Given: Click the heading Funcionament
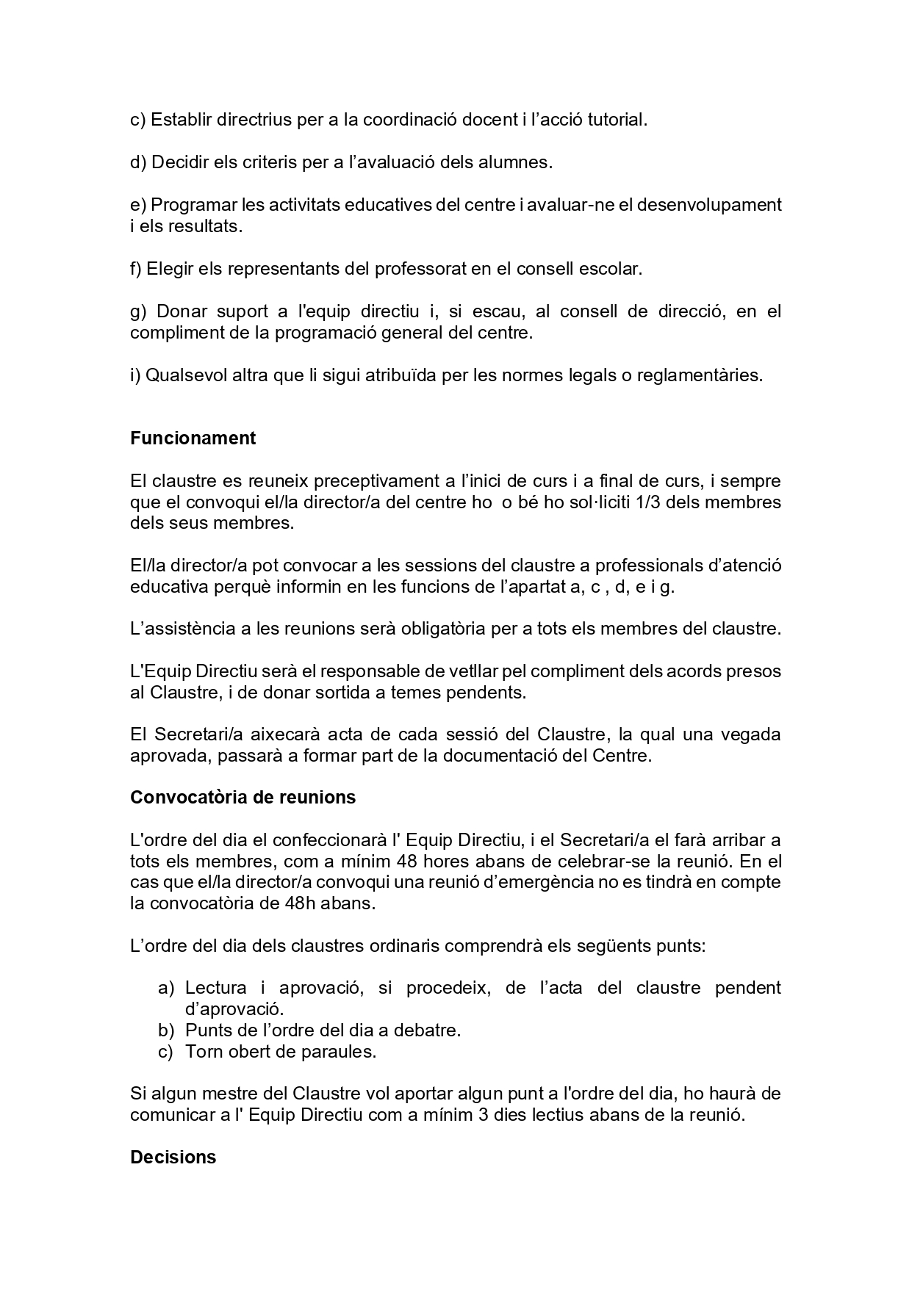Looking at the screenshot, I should [193, 438].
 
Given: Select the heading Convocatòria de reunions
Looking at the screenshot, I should [243, 798].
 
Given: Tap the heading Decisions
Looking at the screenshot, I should [173, 1158].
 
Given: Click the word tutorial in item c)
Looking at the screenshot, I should [617, 120].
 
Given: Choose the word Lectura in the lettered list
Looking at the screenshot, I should [215, 988].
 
